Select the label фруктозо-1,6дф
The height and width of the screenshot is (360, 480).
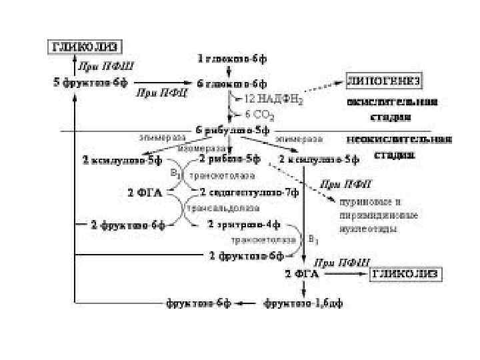click(304, 304)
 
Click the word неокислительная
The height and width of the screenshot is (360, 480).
click(398, 140)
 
